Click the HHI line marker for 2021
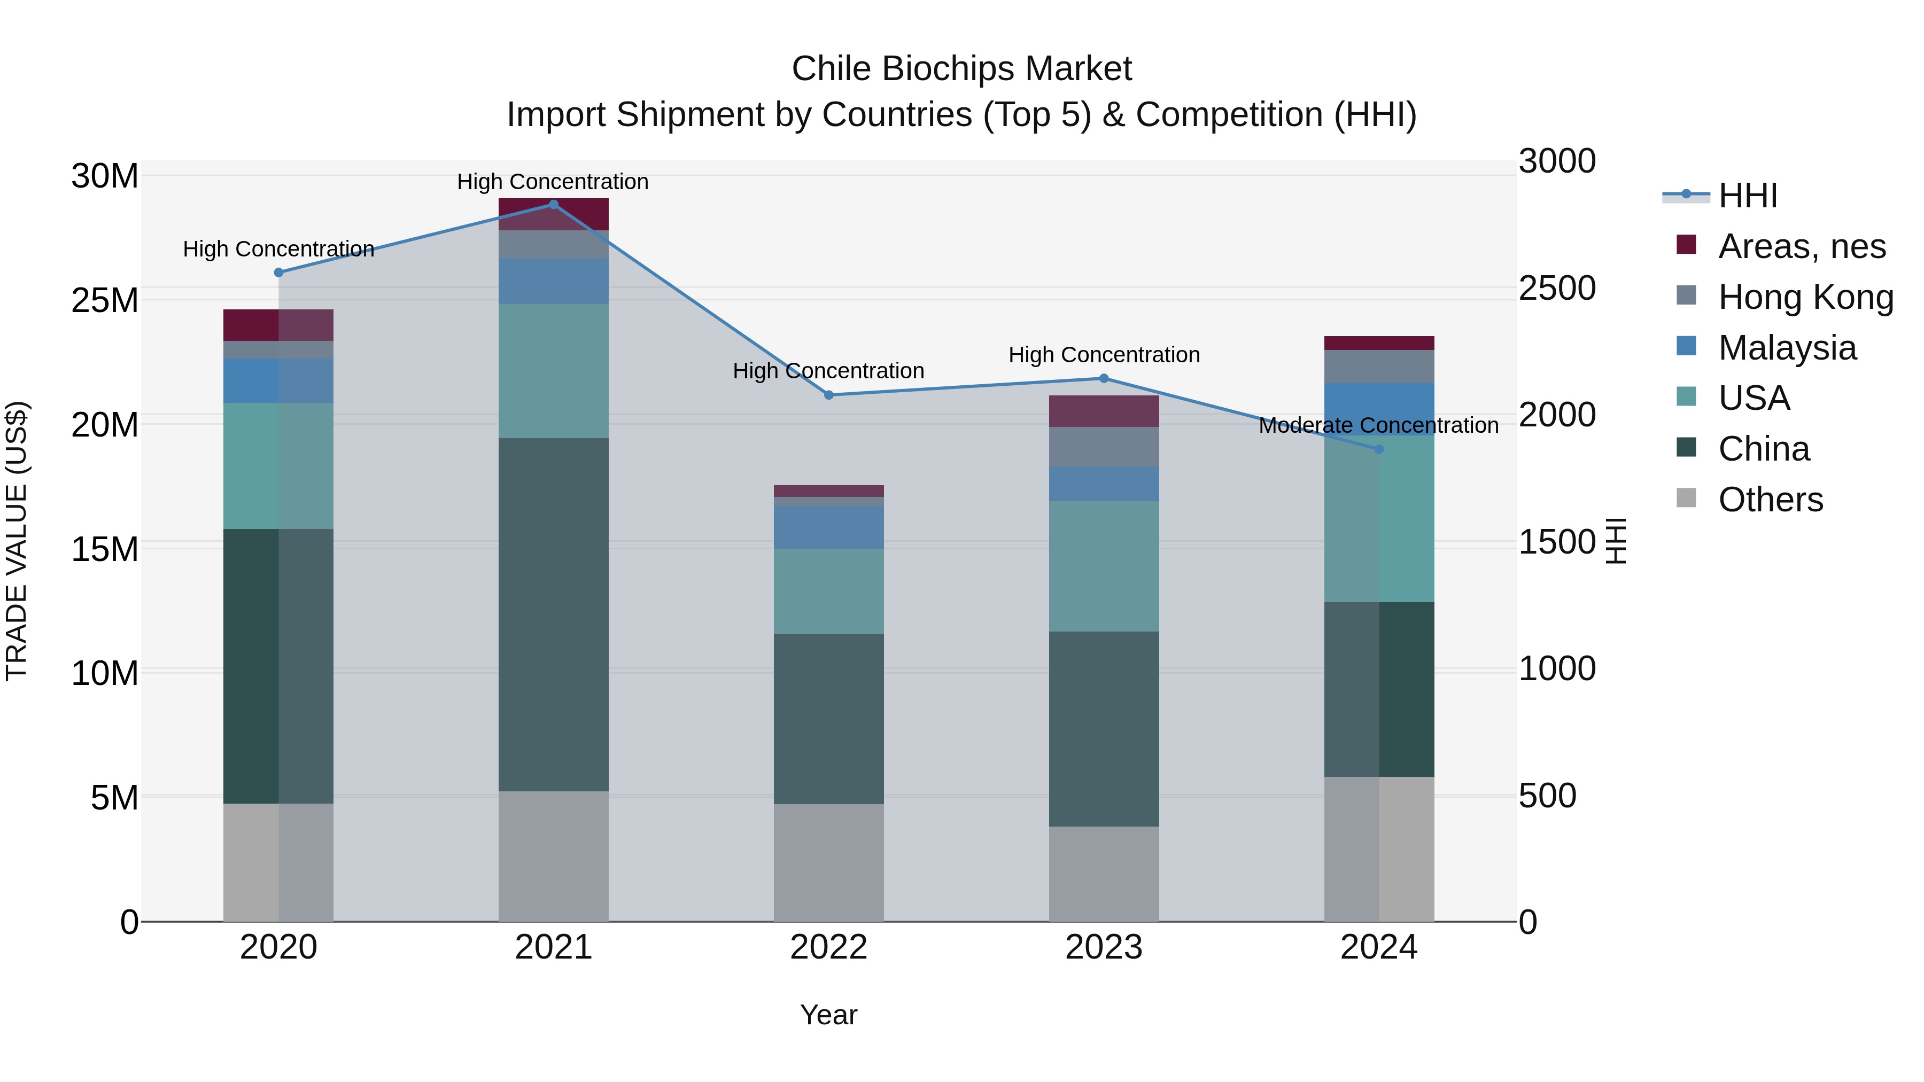pos(554,205)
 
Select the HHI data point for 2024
pos(1379,449)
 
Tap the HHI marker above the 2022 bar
pos(828,395)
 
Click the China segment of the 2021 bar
pos(554,614)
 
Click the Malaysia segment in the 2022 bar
pos(828,527)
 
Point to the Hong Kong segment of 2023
pos(1104,447)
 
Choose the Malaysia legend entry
pos(1787,348)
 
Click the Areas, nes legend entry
pos(1802,246)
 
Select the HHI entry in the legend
pos(1747,196)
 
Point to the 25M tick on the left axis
pos(105,300)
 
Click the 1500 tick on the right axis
pos(1557,542)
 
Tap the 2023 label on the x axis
pos(1104,947)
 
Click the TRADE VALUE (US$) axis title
pos(17,541)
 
